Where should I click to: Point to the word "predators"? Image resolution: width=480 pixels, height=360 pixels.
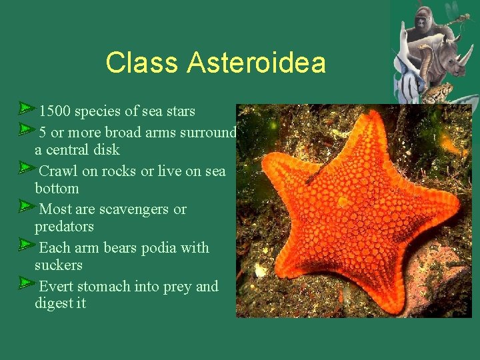(x=64, y=227)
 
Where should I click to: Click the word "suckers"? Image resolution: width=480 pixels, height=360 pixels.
(x=59, y=265)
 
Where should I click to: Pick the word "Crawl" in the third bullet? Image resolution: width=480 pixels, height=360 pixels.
(x=59, y=171)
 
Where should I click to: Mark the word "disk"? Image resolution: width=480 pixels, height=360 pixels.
(x=107, y=149)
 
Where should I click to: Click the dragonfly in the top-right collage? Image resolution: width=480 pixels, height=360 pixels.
(x=459, y=15)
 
